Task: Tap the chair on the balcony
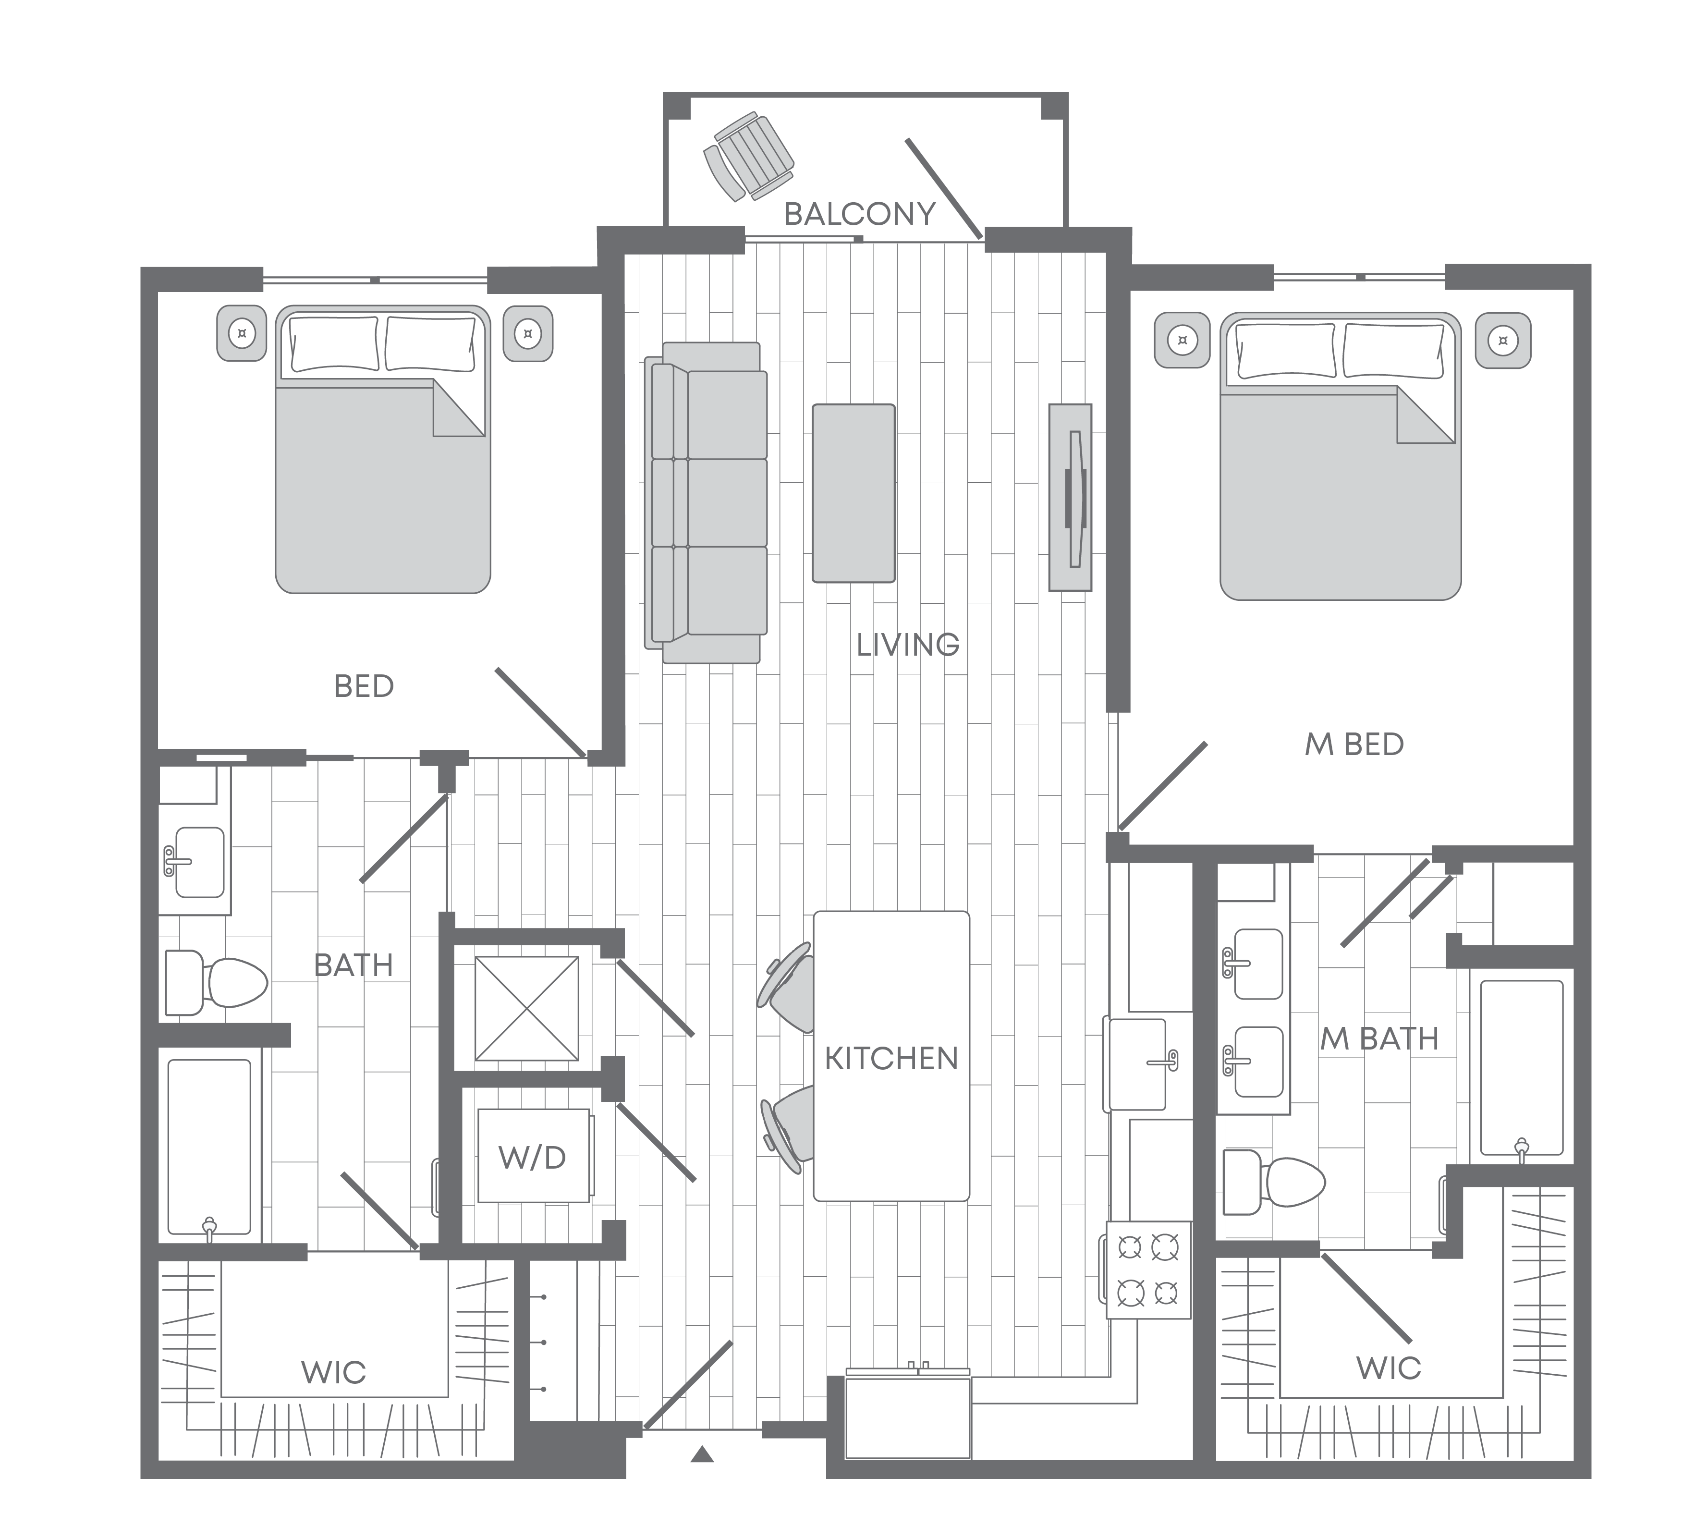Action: pyautogui.click(x=748, y=158)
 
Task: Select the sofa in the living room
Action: pyautogui.click(x=706, y=502)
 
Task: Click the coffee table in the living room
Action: pyautogui.click(x=853, y=493)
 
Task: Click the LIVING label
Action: pyautogui.click(x=908, y=645)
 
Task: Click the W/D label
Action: pyautogui.click(x=532, y=1158)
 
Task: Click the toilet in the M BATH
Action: pyautogui.click(x=1274, y=1182)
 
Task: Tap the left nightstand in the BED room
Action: pyautogui.click(x=242, y=334)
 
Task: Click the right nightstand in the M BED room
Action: pyautogui.click(x=1503, y=341)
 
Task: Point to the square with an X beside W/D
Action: pyautogui.click(x=526, y=1008)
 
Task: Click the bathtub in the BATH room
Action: pyautogui.click(x=209, y=1147)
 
